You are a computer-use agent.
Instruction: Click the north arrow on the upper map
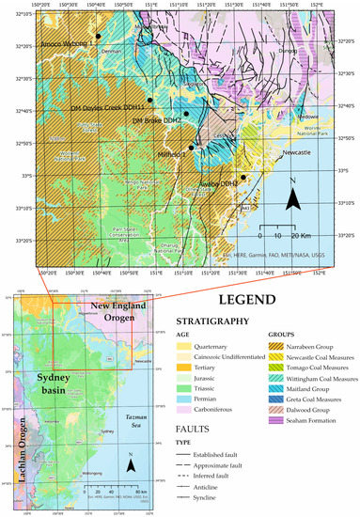point(294,195)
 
